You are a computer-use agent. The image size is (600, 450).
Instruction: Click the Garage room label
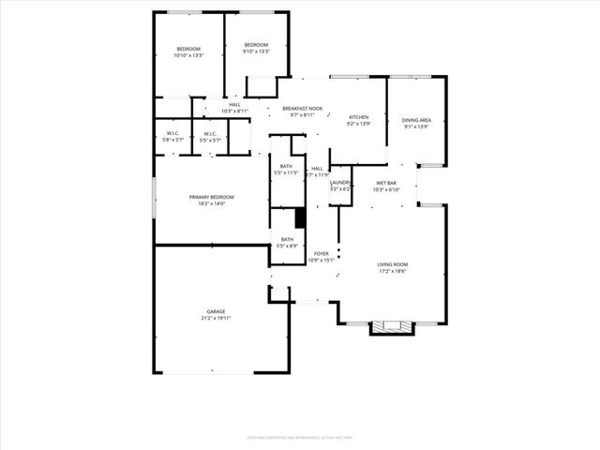click(x=216, y=311)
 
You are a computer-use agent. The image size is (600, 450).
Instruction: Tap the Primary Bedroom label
click(x=211, y=197)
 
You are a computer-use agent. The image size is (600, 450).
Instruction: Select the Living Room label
click(x=393, y=265)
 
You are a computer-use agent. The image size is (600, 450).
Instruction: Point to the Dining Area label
click(x=416, y=120)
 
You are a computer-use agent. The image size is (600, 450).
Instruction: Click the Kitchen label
click(x=359, y=117)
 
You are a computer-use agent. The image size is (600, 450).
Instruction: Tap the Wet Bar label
click(x=387, y=183)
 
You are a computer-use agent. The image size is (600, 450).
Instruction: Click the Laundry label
click(x=339, y=183)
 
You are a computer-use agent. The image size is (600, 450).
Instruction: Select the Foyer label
click(x=322, y=253)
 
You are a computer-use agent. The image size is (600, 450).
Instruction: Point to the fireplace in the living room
click(x=391, y=327)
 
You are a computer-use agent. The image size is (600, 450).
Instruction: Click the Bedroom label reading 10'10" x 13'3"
click(x=188, y=49)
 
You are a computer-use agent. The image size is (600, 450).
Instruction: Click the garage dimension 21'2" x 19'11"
click(x=216, y=318)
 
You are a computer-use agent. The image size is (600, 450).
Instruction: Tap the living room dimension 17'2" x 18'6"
click(x=393, y=272)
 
